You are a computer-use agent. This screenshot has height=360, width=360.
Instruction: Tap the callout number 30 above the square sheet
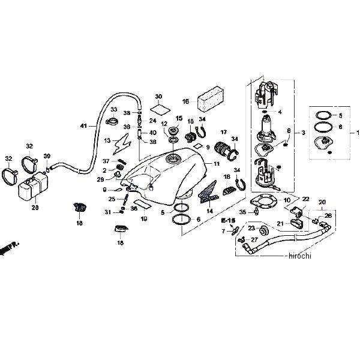[x=158, y=97]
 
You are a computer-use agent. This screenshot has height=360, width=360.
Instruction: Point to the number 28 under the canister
[x=34, y=207]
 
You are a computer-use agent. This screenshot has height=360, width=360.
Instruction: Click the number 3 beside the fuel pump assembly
[x=303, y=132]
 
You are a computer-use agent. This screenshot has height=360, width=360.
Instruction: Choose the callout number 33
[x=113, y=110]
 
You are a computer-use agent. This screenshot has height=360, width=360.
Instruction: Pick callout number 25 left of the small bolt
[x=112, y=199]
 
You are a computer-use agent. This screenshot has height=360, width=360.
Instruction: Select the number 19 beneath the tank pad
[x=144, y=219]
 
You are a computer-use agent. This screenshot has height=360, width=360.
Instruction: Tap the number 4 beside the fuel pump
[x=280, y=112]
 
